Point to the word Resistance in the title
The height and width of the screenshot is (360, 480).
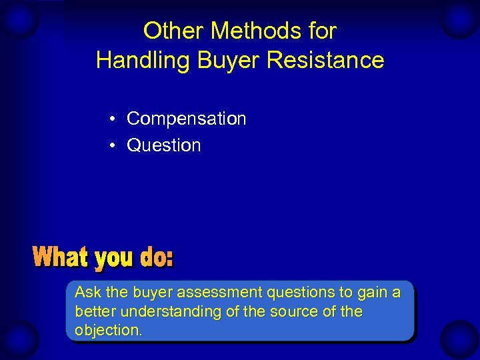pos(325,60)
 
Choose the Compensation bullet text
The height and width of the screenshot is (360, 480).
pos(186,119)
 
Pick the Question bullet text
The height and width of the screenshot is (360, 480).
pos(163,145)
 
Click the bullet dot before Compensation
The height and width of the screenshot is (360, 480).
pos(115,119)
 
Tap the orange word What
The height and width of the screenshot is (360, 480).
pos(61,257)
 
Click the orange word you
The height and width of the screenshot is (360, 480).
pos(115,259)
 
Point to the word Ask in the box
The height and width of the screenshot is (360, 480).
pos(87,292)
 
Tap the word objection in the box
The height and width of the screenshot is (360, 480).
pos(107,331)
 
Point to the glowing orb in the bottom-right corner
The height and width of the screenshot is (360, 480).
pos(460,339)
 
